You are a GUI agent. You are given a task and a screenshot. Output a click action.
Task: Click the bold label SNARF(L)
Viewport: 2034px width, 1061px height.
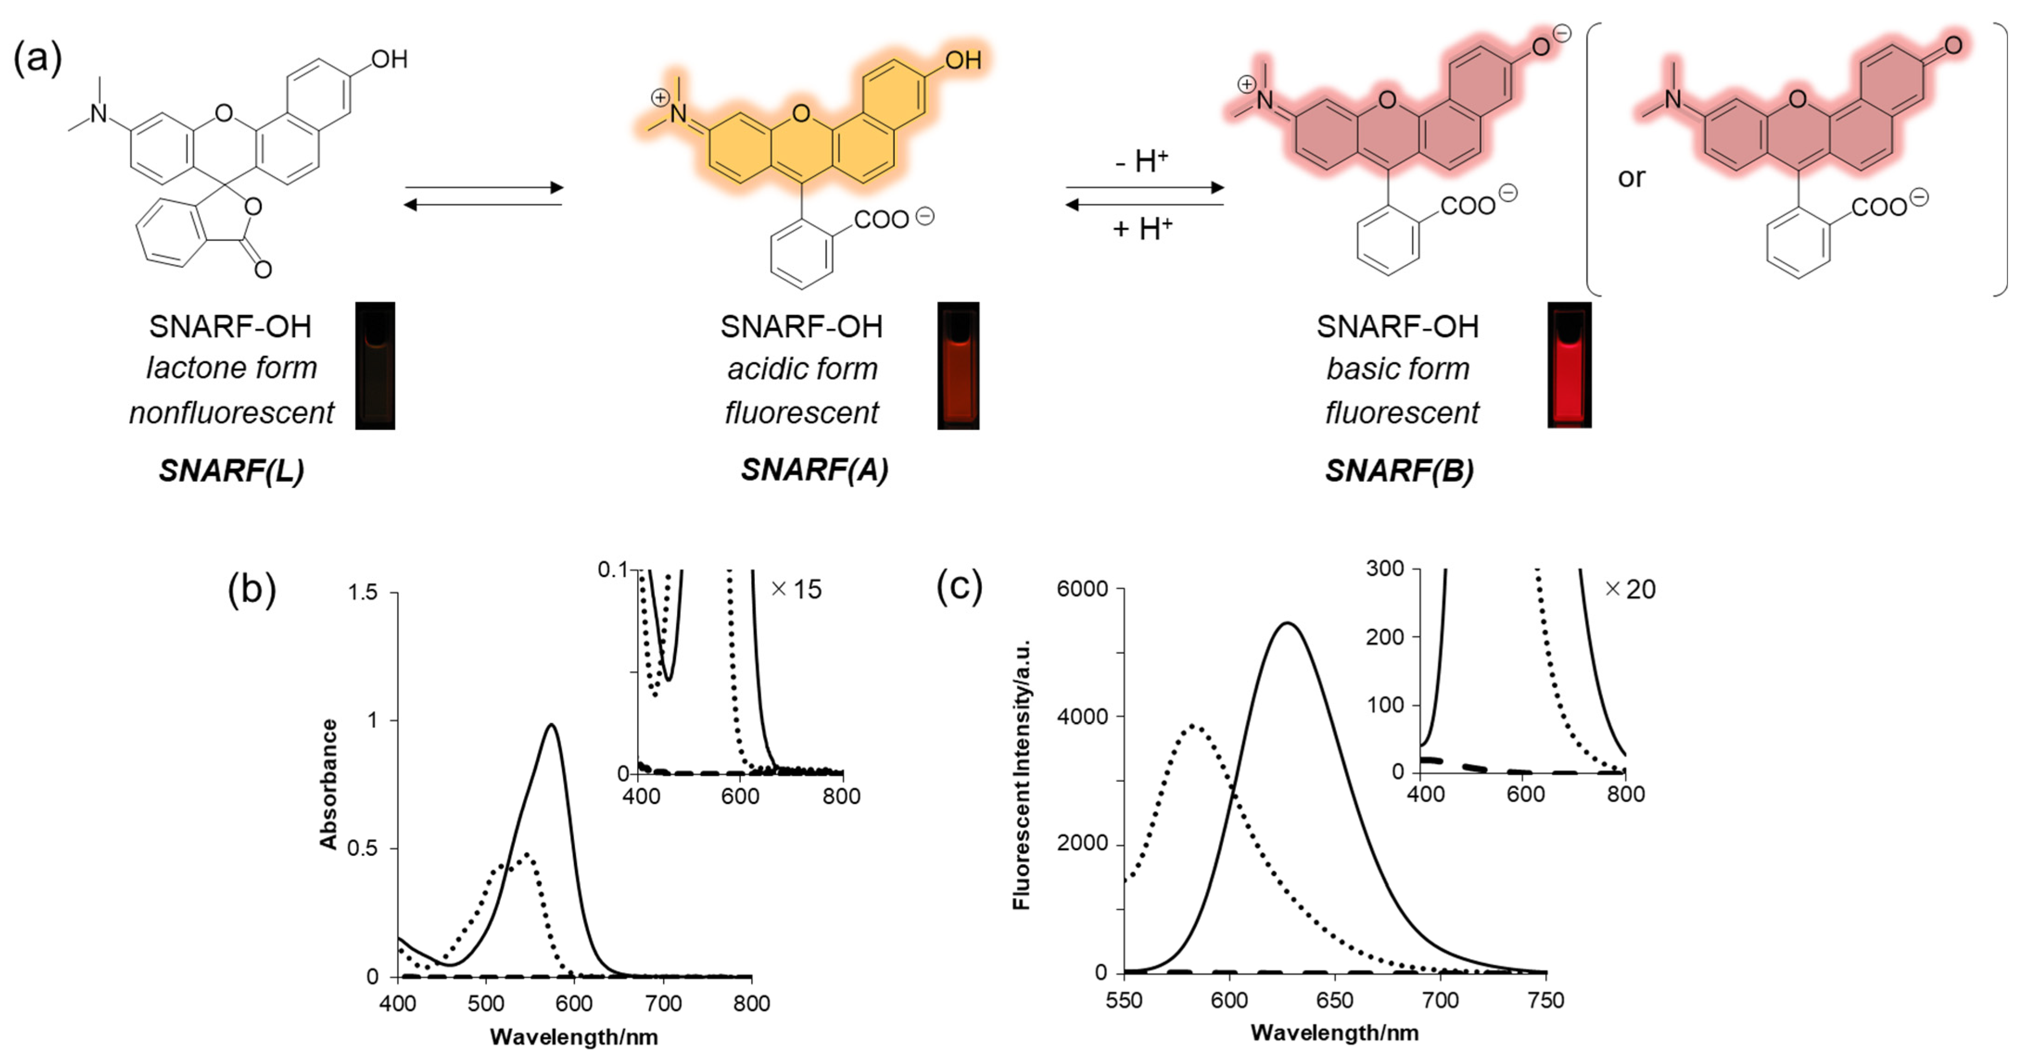pos(231,471)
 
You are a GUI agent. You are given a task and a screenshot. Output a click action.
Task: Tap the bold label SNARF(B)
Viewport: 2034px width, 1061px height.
pos(1399,471)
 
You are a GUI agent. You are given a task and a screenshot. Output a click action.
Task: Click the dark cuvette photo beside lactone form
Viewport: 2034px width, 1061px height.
pos(375,365)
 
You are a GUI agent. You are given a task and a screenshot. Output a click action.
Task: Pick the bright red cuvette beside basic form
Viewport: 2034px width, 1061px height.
pos(1569,365)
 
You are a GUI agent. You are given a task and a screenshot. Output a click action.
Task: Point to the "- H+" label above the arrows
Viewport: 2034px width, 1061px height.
pos(1141,161)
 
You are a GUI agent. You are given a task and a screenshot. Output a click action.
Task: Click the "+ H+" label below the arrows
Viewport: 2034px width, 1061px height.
pos(1142,229)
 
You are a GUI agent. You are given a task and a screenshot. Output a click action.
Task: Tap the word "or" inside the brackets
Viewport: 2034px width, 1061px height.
pos(1631,178)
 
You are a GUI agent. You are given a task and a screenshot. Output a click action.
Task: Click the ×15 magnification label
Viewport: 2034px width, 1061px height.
pos(796,590)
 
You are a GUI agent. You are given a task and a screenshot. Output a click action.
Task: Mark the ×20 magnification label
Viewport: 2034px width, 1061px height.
pos(1630,590)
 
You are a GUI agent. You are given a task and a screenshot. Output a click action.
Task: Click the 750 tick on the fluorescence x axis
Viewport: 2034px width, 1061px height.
pos(1545,1001)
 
